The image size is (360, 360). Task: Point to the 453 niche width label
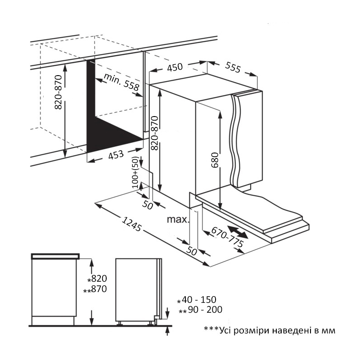point(116,155)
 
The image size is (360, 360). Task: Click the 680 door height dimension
point(215,160)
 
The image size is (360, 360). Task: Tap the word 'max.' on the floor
point(178,220)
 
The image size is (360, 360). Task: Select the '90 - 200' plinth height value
point(201,310)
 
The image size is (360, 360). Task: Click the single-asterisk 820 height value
point(99,279)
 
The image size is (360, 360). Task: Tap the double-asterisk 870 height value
point(99,289)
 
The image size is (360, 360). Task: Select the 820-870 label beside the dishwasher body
point(154,132)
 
